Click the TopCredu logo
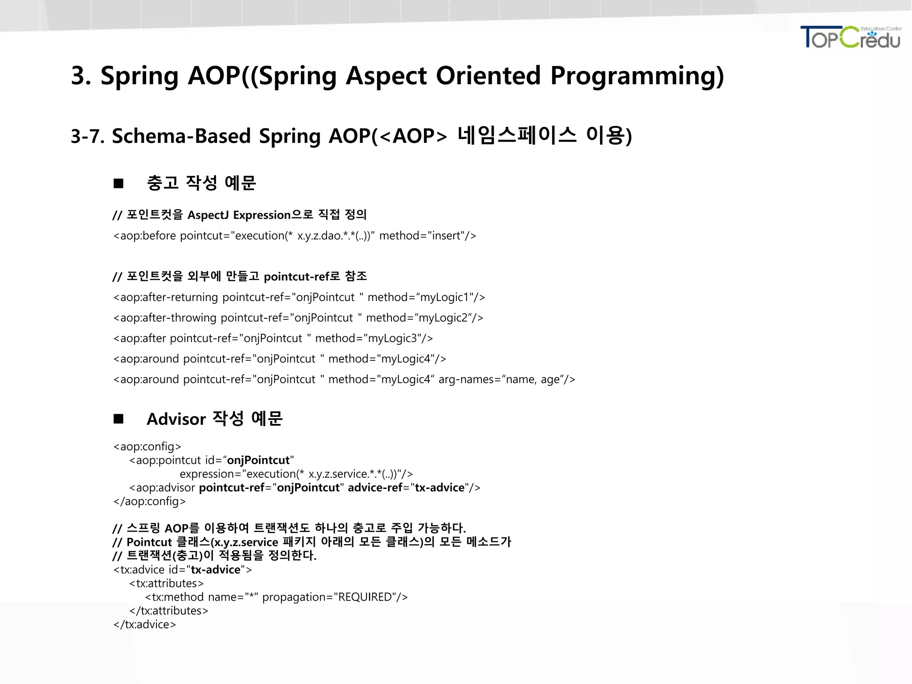(851, 37)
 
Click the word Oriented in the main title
(488, 76)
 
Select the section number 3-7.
(87, 136)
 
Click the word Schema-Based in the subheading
(181, 136)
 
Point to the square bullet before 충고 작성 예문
(118, 183)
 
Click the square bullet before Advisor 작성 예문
(118, 419)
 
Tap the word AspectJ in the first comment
(208, 215)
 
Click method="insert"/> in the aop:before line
(427, 236)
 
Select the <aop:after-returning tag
(166, 297)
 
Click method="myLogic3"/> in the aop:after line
(374, 338)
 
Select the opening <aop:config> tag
(147, 447)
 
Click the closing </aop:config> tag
(150, 501)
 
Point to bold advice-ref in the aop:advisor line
(375, 488)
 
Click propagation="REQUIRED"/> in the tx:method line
(335, 597)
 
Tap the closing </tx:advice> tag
(145, 625)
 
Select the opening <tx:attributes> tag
(167, 583)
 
